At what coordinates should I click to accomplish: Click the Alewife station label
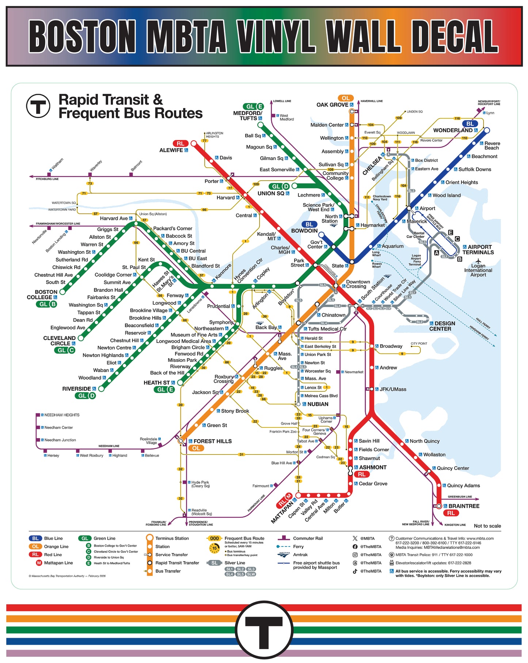tap(171, 150)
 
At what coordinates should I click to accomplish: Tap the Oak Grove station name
tap(332, 105)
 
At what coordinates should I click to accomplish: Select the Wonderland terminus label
tap(453, 130)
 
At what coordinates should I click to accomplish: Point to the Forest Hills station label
tap(212, 441)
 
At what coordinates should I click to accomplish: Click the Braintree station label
tap(464, 506)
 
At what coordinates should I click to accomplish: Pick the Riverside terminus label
tap(76, 389)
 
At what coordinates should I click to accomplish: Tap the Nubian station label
tap(318, 404)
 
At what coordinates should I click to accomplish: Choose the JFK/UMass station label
tap(393, 389)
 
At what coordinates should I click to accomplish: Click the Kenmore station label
tap(223, 272)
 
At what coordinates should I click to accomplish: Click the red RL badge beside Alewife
tap(181, 143)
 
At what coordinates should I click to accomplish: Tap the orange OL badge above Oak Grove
tap(346, 98)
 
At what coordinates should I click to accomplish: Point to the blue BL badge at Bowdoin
tap(309, 225)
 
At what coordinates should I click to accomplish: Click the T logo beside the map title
tap(38, 106)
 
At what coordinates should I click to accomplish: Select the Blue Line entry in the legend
tap(53, 538)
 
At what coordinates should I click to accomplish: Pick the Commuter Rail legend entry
tap(308, 538)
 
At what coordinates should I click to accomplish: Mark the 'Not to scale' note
tap(487, 526)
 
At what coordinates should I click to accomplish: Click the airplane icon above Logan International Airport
tap(478, 261)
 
